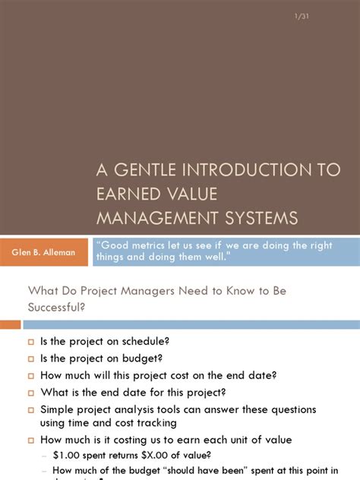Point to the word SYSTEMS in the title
[x=261, y=219]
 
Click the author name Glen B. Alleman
[x=43, y=251]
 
